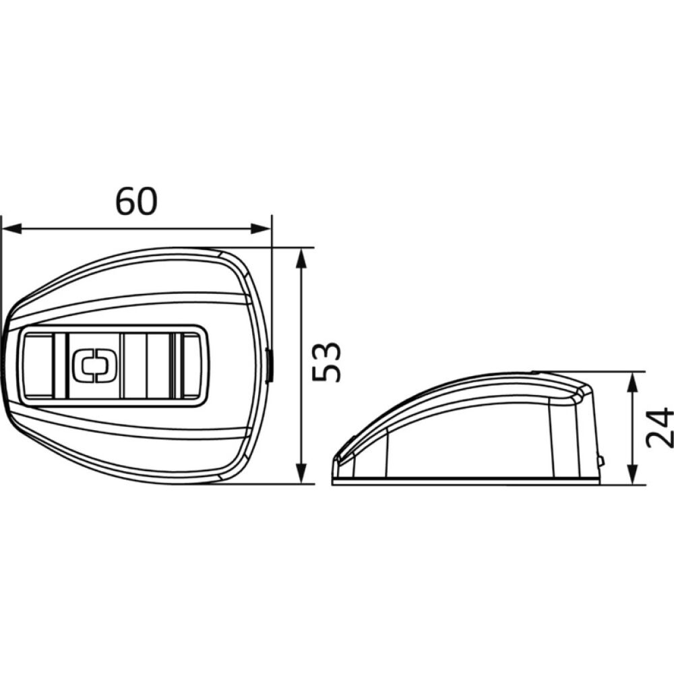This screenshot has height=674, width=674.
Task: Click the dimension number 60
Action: point(137,201)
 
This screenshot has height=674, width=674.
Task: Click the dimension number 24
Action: point(660,428)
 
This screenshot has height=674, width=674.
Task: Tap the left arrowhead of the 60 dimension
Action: point(11,228)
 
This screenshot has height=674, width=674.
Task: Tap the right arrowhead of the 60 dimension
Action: point(261,228)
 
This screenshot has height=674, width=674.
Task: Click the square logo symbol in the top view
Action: point(94,365)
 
